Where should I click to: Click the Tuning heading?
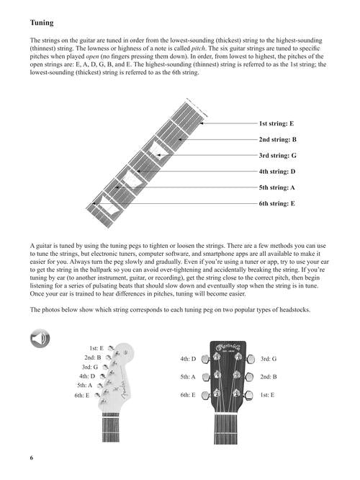click(42, 23)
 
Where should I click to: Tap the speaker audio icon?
click(40, 339)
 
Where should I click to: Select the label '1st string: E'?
click(276, 123)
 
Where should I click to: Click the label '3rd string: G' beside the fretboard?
click(277, 156)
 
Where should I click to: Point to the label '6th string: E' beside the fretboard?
click(276, 203)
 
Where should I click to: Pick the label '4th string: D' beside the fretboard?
click(277, 172)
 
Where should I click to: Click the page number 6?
click(32, 458)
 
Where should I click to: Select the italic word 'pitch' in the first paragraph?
click(198, 48)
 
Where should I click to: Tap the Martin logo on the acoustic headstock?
click(228, 347)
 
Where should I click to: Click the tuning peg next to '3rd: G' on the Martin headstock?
click(251, 359)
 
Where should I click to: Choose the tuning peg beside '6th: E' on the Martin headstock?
click(205, 395)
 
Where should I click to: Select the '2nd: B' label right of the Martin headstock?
click(269, 377)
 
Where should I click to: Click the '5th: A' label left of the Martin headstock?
click(188, 377)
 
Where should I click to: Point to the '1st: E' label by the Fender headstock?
click(96, 348)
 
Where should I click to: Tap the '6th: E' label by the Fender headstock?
click(82, 395)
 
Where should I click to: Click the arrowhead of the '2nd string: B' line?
click(181, 140)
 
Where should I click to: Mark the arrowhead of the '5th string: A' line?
click(117, 187)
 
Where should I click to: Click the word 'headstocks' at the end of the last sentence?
click(294, 309)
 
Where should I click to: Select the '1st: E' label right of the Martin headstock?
click(267, 395)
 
